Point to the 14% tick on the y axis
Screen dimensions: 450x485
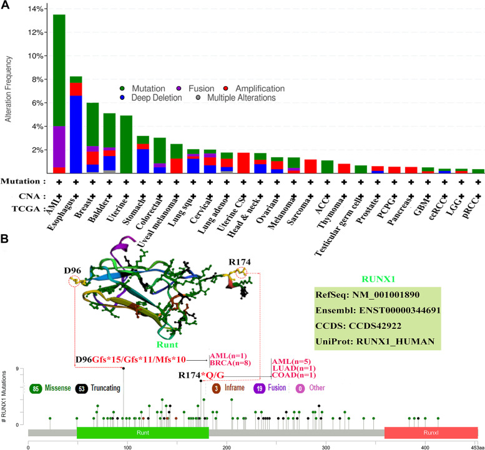point(36,9)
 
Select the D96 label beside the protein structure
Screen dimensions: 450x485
point(74,270)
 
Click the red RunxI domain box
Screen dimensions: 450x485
point(430,433)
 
